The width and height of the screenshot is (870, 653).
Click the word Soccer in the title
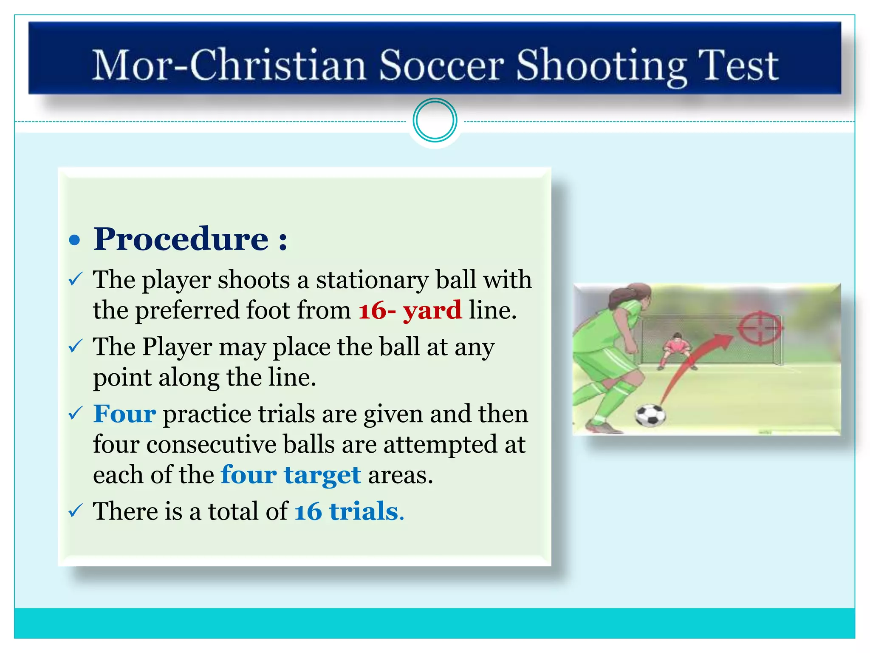point(441,66)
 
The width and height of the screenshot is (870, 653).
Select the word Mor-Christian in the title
point(229,66)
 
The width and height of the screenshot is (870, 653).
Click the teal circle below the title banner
point(435,120)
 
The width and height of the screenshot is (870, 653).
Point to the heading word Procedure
point(181,239)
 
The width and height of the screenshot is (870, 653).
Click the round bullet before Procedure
point(75,240)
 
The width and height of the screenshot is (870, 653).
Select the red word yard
point(432,310)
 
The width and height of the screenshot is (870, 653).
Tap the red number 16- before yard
point(377,310)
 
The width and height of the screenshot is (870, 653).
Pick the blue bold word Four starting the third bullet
point(124,414)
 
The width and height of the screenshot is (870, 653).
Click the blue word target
point(322,475)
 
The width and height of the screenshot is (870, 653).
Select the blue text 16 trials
point(349,511)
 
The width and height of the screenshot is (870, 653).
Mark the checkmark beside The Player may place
point(75,346)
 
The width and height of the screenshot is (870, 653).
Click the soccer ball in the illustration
point(650,415)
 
